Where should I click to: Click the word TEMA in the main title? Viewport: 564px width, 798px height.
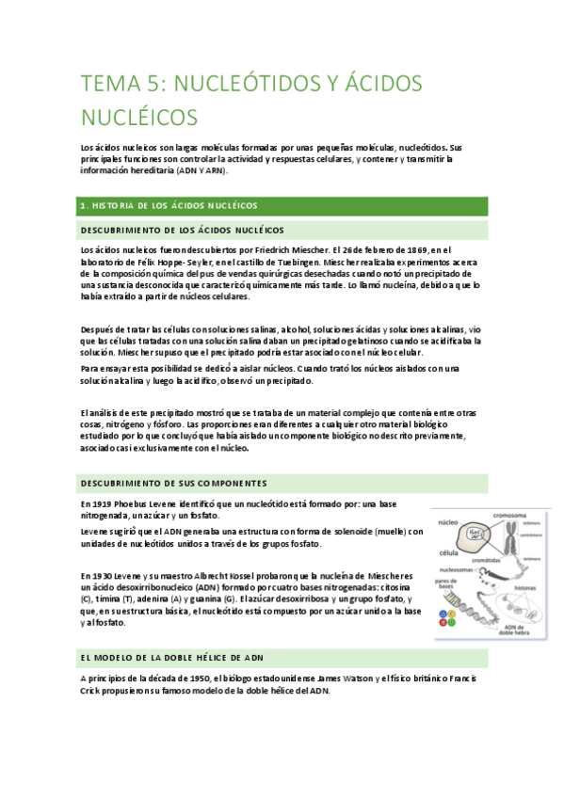pos(105,84)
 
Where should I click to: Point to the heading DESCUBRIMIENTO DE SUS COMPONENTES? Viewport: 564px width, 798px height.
pos(174,483)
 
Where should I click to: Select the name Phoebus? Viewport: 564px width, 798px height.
pos(138,503)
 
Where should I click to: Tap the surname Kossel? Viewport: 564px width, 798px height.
pos(260,575)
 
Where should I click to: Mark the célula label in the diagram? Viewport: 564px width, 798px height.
pos(447,553)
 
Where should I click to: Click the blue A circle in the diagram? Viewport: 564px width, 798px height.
pos(443,614)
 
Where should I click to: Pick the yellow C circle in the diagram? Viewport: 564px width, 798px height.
pos(452,614)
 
